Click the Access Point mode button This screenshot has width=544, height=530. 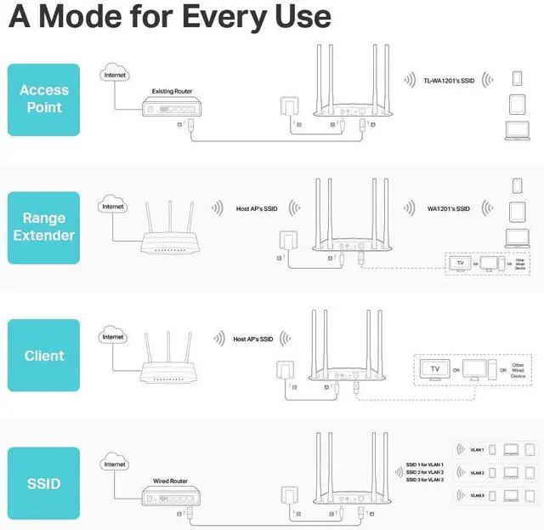[43, 100]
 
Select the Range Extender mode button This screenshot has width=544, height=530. [43, 227]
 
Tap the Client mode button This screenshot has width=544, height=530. [43, 356]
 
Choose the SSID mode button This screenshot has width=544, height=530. [43, 483]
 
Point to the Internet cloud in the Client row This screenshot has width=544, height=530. [113, 337]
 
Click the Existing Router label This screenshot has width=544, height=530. [171, 91]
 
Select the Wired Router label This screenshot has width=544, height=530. [170, 481]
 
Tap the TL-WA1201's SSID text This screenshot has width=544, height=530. [447, 81]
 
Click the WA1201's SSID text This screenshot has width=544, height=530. [448, 208]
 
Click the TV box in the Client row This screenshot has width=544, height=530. [436, 369]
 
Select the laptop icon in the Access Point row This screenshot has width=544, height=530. [517, 130]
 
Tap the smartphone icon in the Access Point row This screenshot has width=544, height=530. [517, 77]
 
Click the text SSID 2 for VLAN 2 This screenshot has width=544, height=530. [425, 472]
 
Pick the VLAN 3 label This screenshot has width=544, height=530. [477, 495]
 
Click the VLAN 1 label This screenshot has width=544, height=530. [477, 449]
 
